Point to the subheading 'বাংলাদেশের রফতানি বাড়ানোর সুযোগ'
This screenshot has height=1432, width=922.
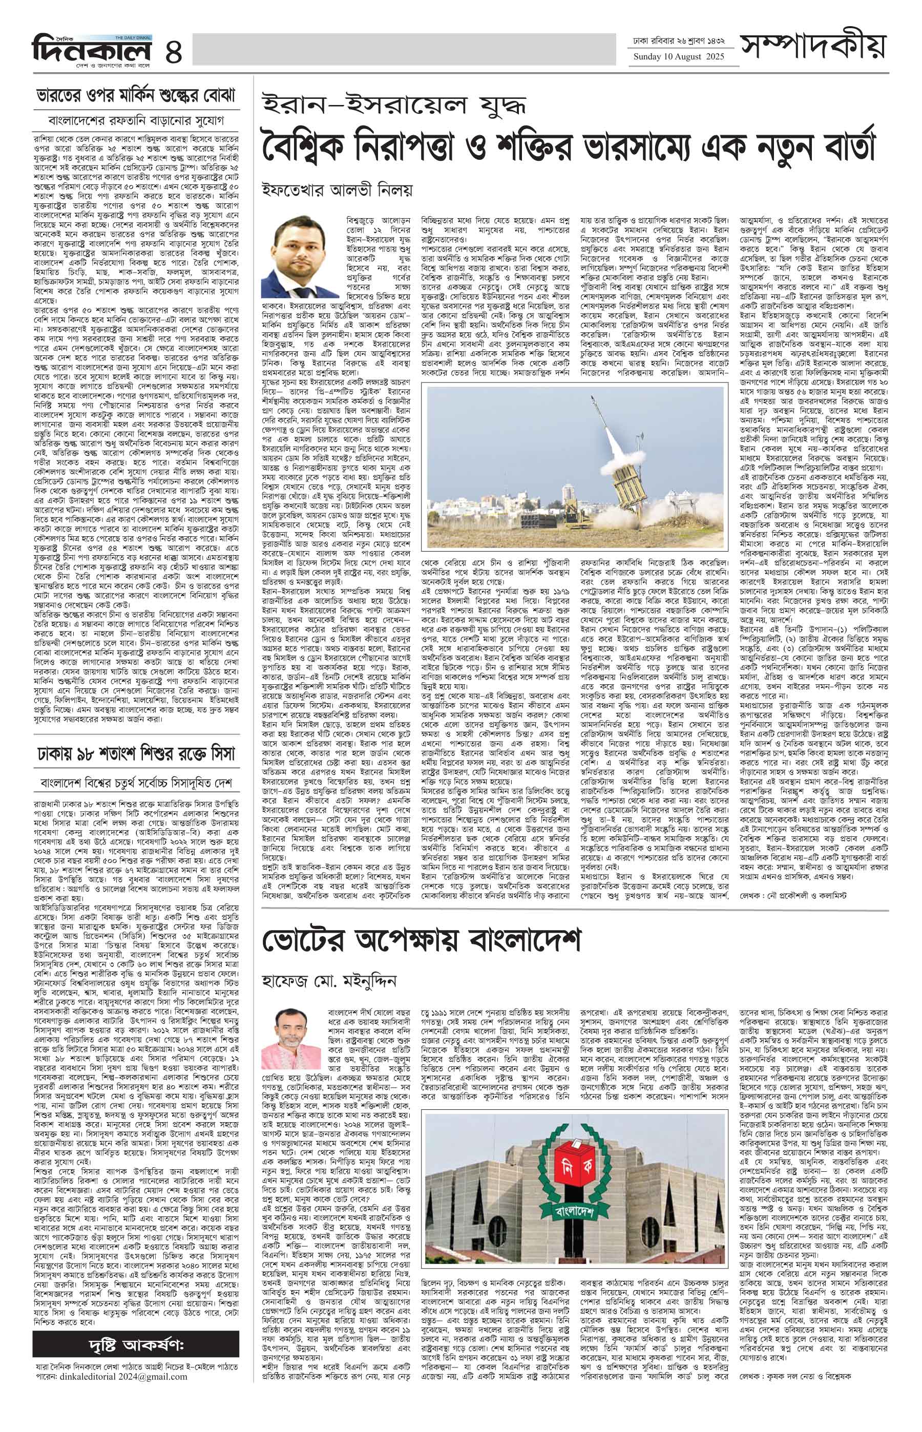pos(136,120)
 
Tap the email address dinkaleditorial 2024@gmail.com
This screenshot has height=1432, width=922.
pos(111,1405)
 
